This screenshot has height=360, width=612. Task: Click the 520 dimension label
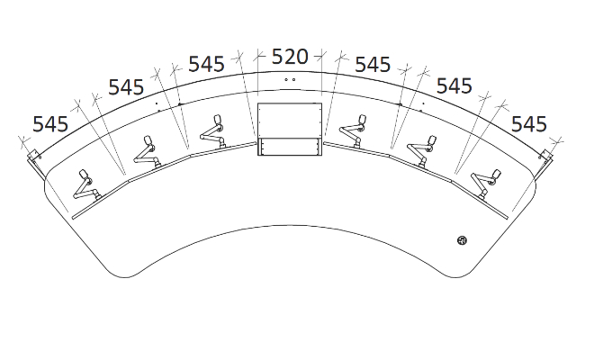pos(290,57)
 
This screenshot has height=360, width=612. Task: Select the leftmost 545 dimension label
pos(50,124)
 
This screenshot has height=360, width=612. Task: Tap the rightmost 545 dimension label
pos(529,124)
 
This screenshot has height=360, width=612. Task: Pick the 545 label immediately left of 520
pos(206,64)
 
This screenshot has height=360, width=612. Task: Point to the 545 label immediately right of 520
pos(373,65)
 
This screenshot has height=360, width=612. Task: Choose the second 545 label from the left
pos(126,87)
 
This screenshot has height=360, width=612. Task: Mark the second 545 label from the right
pos(454,85)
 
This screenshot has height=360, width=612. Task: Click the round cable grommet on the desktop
pos(462,240)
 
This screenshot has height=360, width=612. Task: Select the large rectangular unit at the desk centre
pos(290,130)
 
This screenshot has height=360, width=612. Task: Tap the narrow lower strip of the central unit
pos(290,147)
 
